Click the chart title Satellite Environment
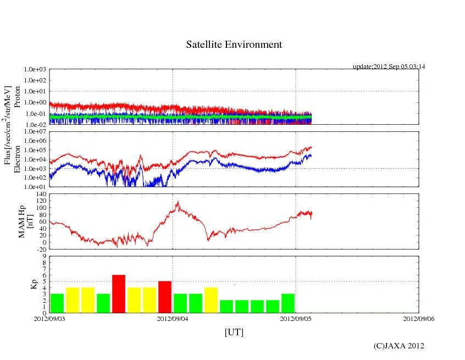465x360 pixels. [x=234, y=45]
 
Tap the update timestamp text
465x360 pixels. [x=389, y=67]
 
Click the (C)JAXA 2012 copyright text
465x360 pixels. [x=399, y=346]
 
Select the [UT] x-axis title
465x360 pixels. [x=234, y=332]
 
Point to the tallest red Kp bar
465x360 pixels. [x=119, y=293]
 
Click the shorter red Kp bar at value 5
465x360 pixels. [x=165, y=297]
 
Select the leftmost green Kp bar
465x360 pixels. [x=57, y=303]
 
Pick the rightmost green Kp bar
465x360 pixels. [x=288, y=303]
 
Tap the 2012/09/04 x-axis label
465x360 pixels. [x=173, y=318]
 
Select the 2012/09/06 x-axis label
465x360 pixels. [x=418, y=318]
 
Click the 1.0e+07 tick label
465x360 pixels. [x=35, y=132]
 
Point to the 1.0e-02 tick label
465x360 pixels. [x=35, y=125]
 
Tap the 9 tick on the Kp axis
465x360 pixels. [x=44, y=256]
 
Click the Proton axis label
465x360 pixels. [x=17, y=97]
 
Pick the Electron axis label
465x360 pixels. [x=17, y=159]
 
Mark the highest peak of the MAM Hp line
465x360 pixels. [x=178, y=202]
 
